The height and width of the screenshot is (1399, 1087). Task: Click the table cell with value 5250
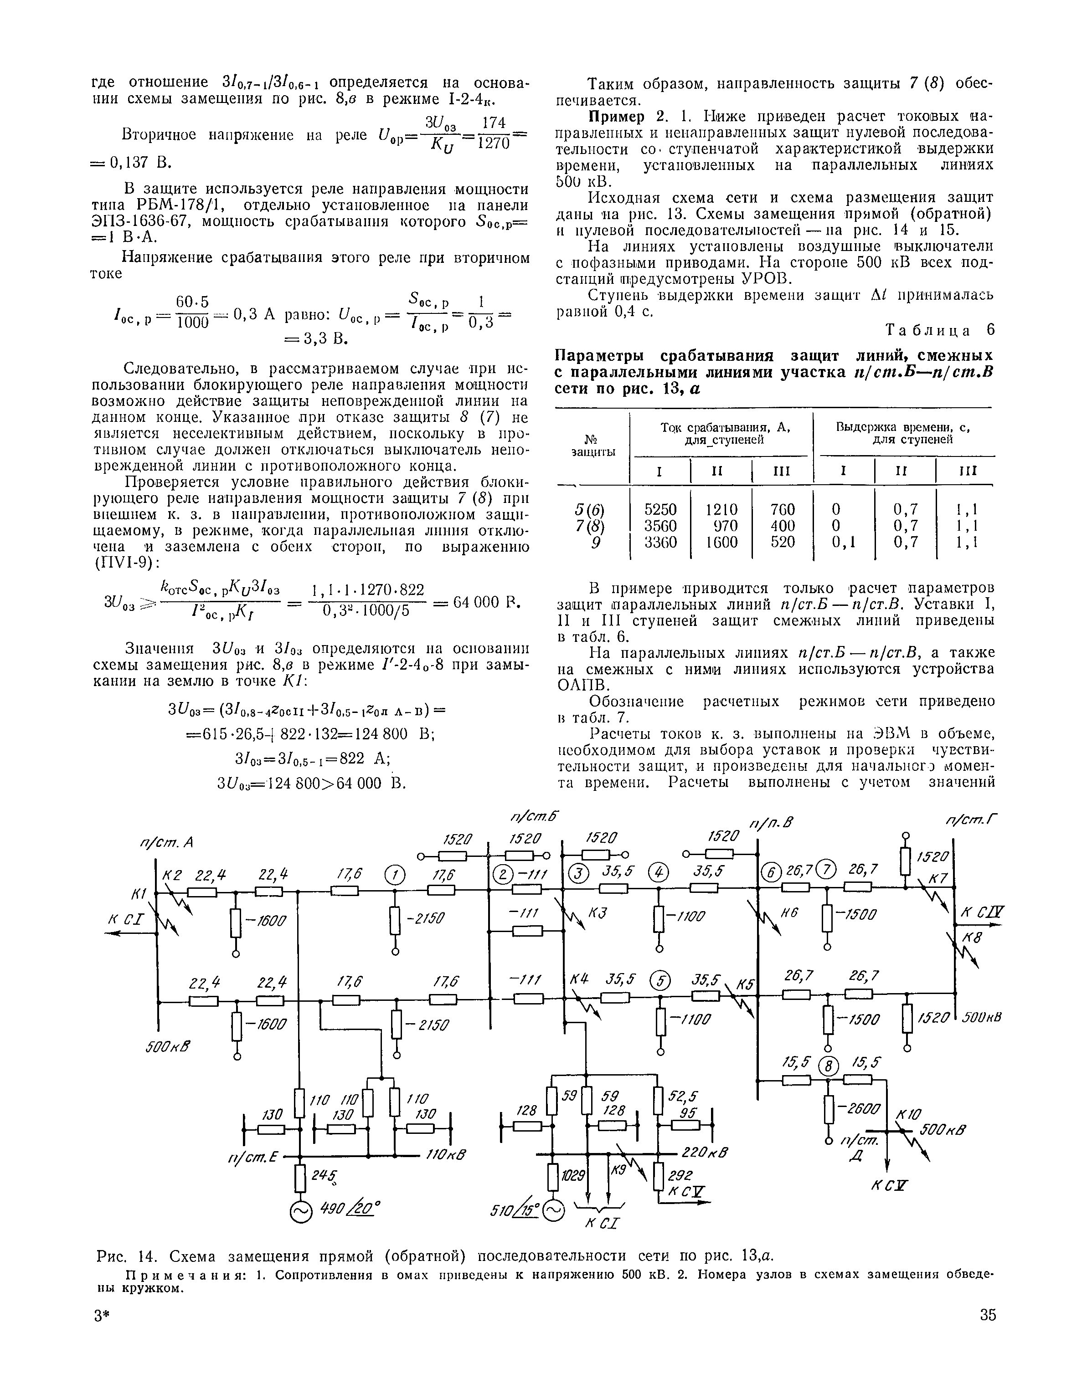point(660,509)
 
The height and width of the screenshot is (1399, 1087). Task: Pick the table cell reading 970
point(726,526)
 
